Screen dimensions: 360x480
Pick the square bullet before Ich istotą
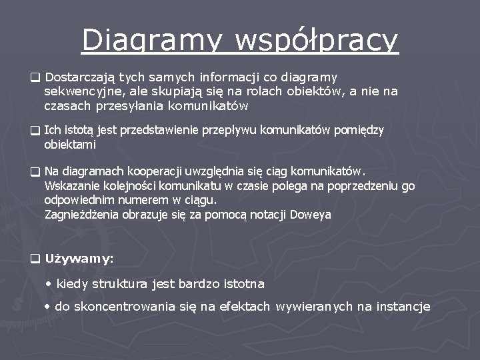pos(35,130)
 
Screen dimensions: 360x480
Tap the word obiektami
pos(70,144)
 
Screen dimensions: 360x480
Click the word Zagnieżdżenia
pos(80,214)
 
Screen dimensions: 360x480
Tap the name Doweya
pos(310,214)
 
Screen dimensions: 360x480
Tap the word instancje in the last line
pos(404,306)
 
